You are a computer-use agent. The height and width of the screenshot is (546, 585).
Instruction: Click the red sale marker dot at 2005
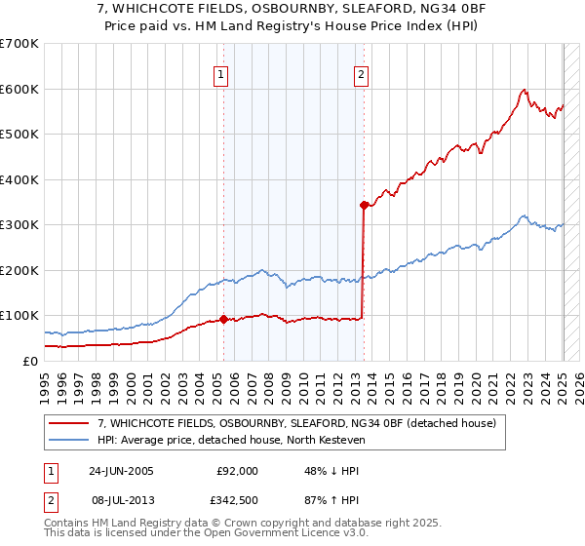point(224,319)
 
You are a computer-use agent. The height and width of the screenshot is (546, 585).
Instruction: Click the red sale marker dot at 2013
point(364,205)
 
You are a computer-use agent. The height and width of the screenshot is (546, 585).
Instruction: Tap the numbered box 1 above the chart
point(221,74)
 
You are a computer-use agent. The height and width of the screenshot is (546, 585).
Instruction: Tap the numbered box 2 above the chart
point(361,74)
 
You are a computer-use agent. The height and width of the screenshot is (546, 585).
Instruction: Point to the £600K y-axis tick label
point(19,89)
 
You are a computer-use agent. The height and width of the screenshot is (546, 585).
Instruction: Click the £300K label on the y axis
point(19,225)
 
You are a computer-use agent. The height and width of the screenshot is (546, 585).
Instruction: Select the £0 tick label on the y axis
point(31,361)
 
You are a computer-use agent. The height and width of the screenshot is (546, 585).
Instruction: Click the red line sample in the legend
point(69,423)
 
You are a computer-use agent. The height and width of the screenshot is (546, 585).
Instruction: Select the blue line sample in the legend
point(69,439)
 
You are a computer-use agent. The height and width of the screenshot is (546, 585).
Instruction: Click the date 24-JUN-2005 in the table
point(120,471)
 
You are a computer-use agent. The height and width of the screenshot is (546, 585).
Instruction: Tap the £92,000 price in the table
point(238,471)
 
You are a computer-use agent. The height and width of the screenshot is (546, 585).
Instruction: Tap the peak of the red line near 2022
point(525,90)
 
